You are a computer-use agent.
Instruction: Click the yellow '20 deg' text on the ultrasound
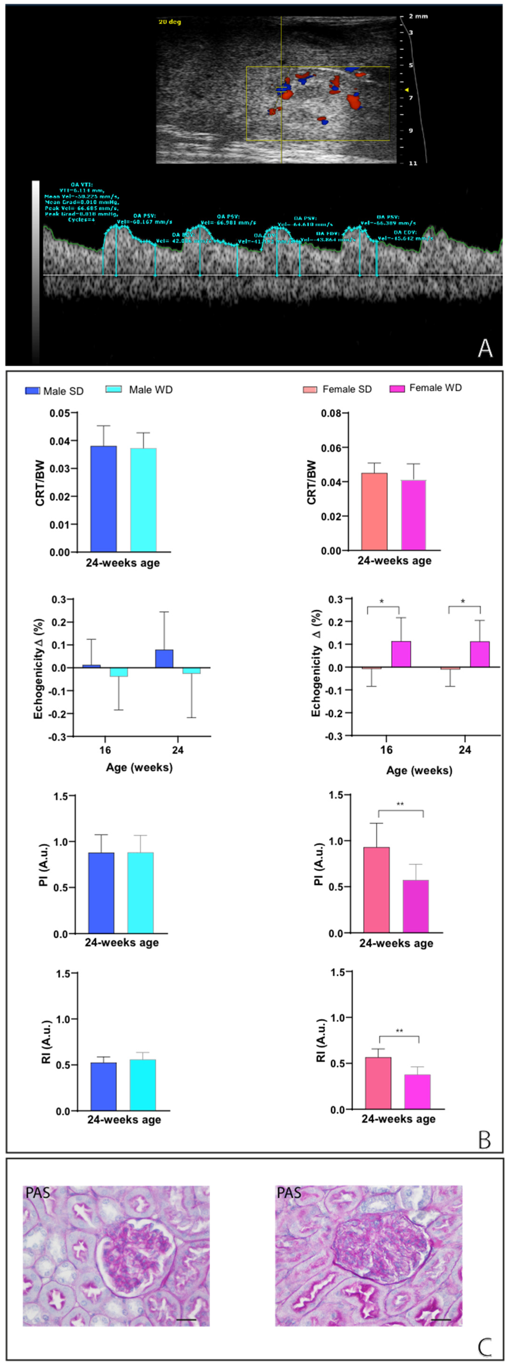pos(170,22)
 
